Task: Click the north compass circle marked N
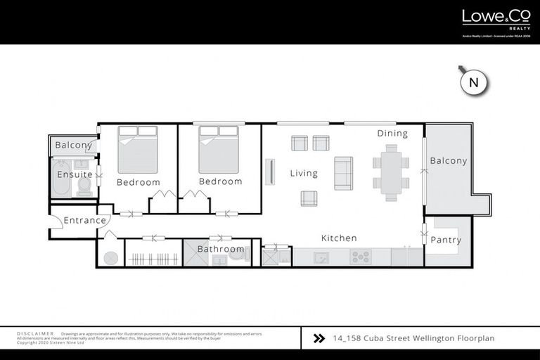pos(473,82)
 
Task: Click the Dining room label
pos(392,133)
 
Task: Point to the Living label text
pos(304,173)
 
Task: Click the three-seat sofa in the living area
pos(343,173)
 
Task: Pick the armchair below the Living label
pos(309,198)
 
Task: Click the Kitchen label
pos(339,238)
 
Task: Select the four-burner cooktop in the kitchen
pos(361,257)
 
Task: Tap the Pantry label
pos(446,240)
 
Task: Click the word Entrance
pos(84,220)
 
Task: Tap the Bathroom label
pos(220,249)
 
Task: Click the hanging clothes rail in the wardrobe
pos(153,257)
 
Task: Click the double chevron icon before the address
pos(319,338)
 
